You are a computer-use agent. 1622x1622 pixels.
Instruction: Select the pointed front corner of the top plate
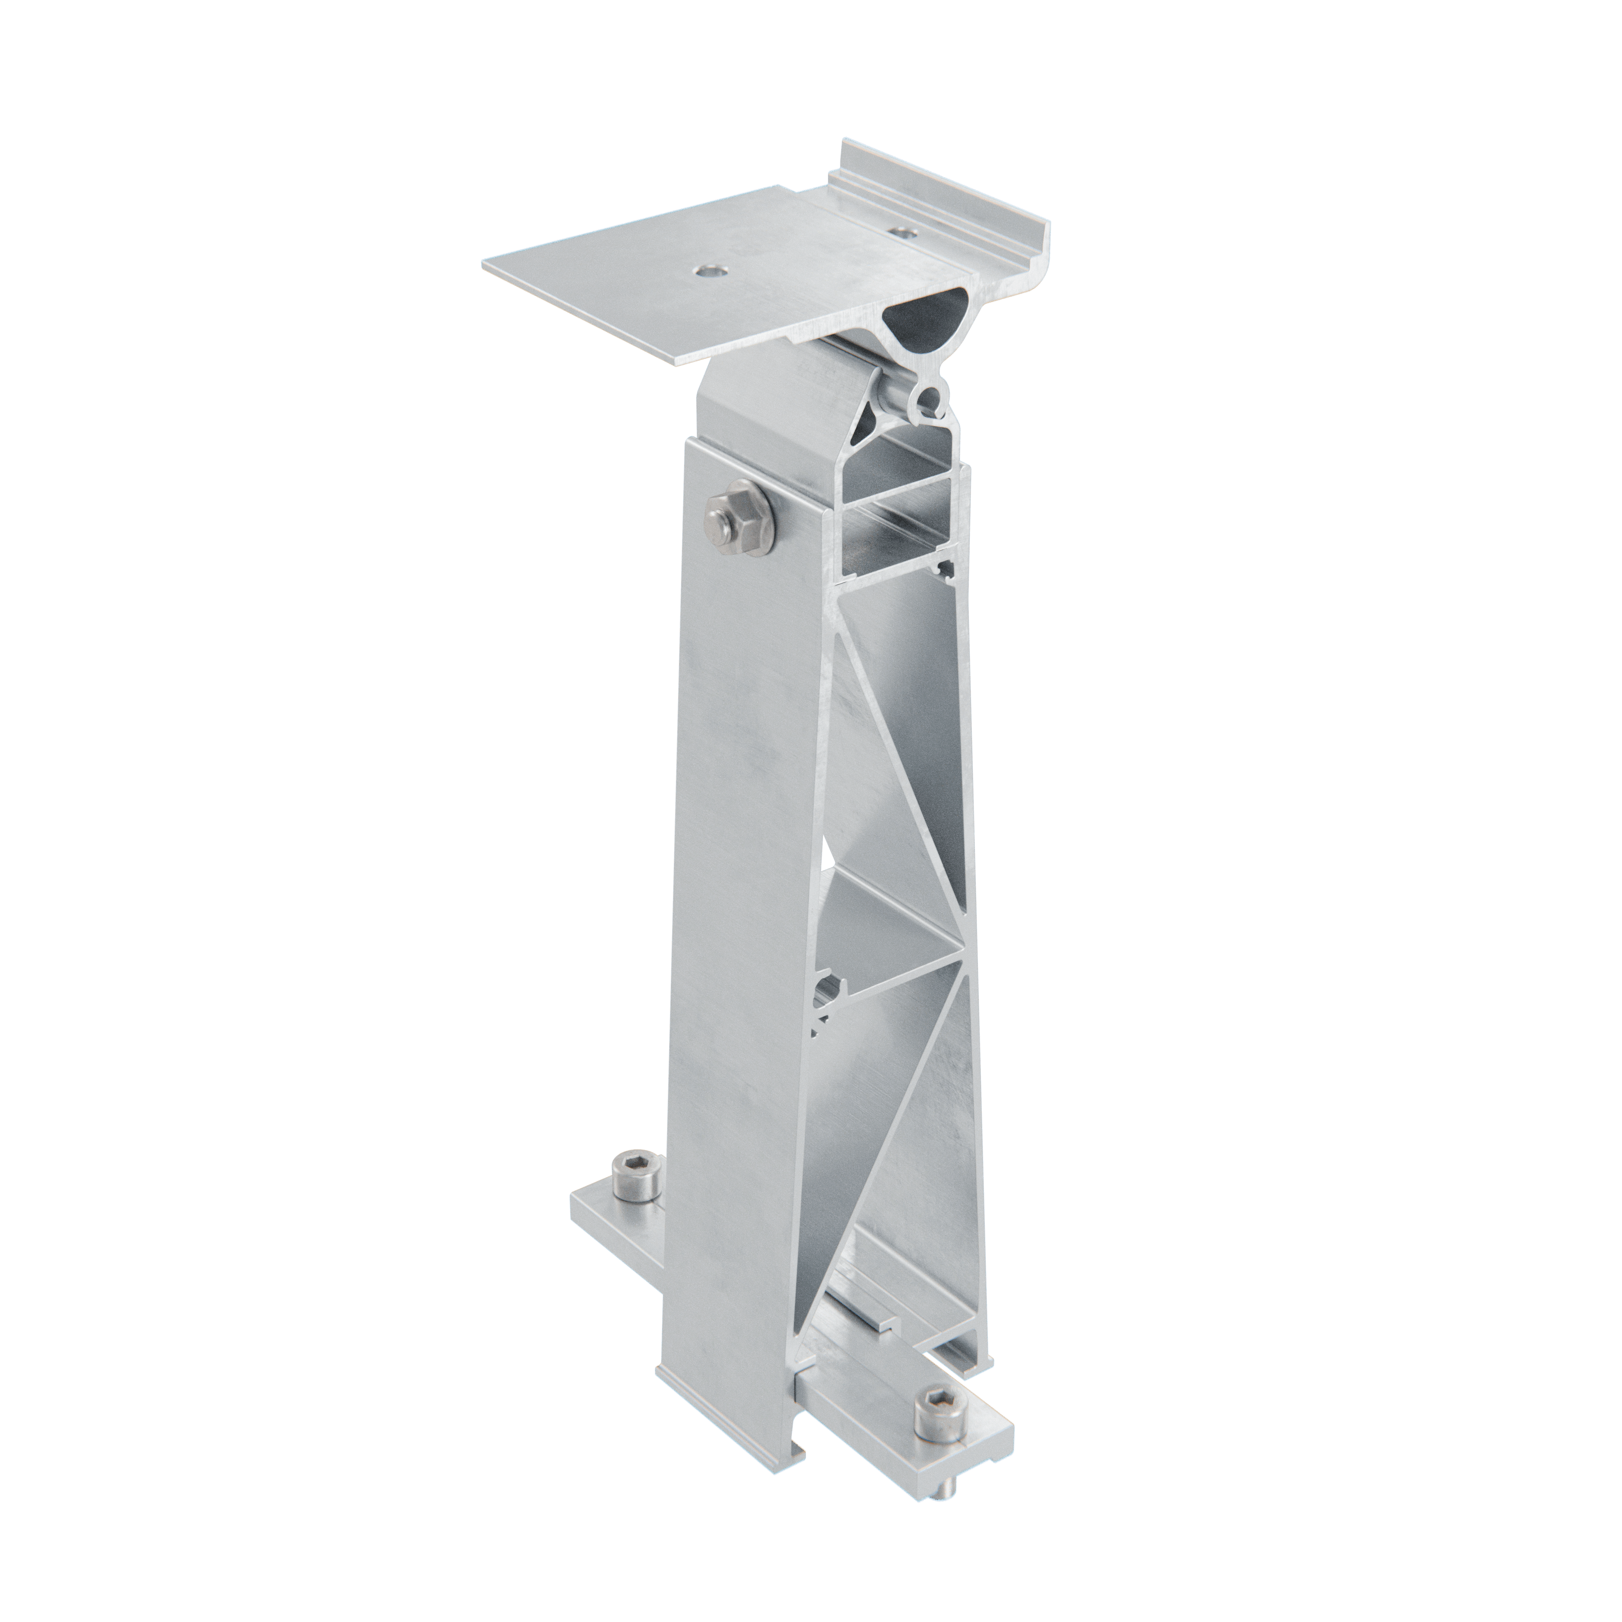pos(678,361)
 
